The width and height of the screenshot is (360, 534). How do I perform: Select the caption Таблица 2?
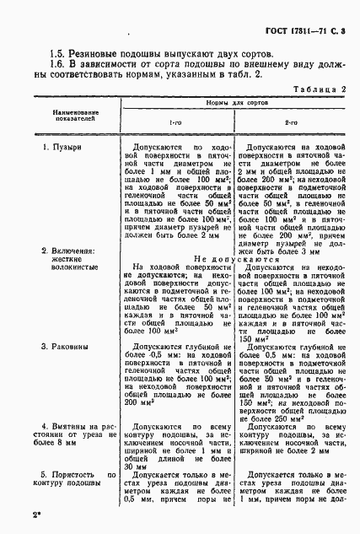tap(319, 89)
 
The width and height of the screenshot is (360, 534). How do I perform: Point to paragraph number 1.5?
tap(57, 53)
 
